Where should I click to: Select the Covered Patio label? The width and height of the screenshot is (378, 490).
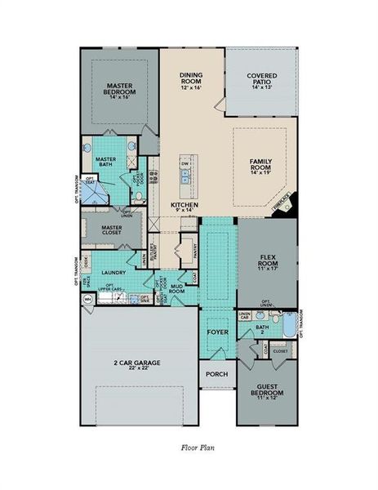[260, 79]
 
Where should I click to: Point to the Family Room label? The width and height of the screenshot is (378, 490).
[265, 166]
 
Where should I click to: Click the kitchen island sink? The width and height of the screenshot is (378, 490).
[186, 173]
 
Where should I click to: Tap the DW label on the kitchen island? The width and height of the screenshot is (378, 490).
[185, 163]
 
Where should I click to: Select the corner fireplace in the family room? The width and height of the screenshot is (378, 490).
[287, 207]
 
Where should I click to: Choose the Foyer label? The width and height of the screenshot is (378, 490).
[217, 332]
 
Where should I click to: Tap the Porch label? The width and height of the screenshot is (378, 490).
[216, 374]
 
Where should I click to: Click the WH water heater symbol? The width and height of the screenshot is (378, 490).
[87, 301]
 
